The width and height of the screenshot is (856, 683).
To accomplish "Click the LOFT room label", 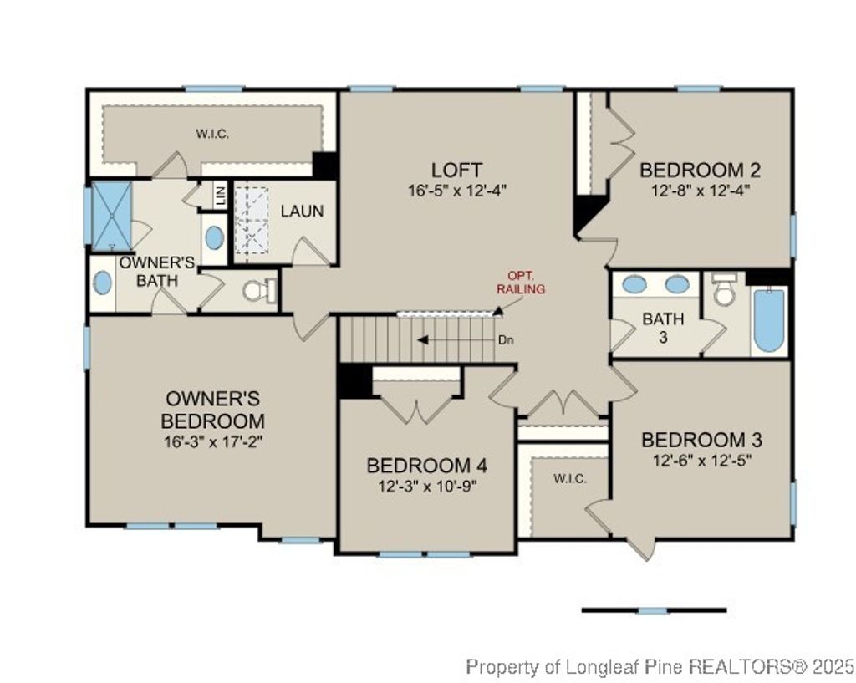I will pyautogui.click(x=456, y=170).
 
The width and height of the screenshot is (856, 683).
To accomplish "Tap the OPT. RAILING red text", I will pyautogui.click(x=521, y=283).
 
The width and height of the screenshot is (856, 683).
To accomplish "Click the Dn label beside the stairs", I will pyautogui.click(x=505, y=340).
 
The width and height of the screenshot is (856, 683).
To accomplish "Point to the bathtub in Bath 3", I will pyautogui.click(x=768, y=320).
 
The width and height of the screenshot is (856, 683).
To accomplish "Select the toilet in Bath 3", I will pyautogui.click(x=725, y=289).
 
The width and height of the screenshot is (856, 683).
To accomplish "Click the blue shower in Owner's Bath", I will pyautogui.click(x=111, y=216).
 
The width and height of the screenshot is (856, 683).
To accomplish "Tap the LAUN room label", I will pyautogui.click(x=302, y=212).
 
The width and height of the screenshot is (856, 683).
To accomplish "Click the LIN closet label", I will pyautogui.click(x=221, y=197).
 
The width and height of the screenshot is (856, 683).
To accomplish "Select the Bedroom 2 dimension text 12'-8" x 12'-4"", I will pyautogui.click(x=701, y=190).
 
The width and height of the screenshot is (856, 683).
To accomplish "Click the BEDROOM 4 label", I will pyautogui.click(x=426, y=466).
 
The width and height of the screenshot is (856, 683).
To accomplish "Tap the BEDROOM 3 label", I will pyautogui.click(x=701, y=440).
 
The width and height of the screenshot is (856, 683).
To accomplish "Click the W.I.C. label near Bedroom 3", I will pyautogui.click(x=569, y=478).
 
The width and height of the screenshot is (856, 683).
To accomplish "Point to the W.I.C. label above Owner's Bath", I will pyautogui.click(x=212, y=134).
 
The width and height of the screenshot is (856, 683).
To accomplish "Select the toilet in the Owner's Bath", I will pyautogui.click(x=257, y=290).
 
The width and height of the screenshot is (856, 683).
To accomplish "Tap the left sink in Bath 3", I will pyautogui.click(x=635, y=284).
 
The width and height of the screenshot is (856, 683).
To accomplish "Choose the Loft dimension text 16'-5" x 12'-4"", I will pyautogui.click(x=457, y=190).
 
